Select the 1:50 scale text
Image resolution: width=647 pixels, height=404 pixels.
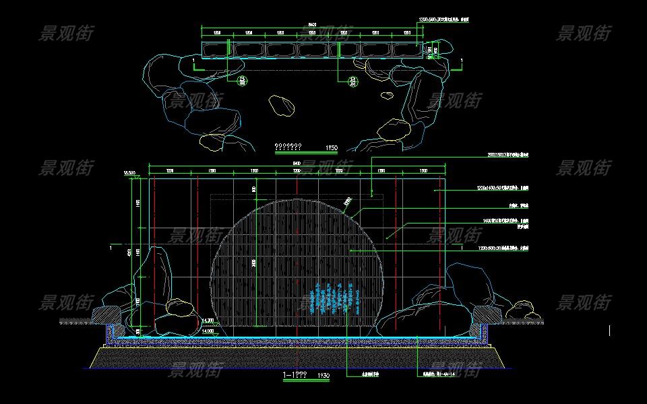click(331, 147)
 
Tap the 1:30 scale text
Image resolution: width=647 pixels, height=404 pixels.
click(323, 375)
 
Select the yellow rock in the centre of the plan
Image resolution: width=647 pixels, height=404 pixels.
click(282, 105)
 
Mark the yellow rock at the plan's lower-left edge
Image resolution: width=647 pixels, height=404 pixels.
click(212, 141)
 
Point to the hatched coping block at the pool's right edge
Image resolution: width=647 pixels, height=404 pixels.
click(488, 313)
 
